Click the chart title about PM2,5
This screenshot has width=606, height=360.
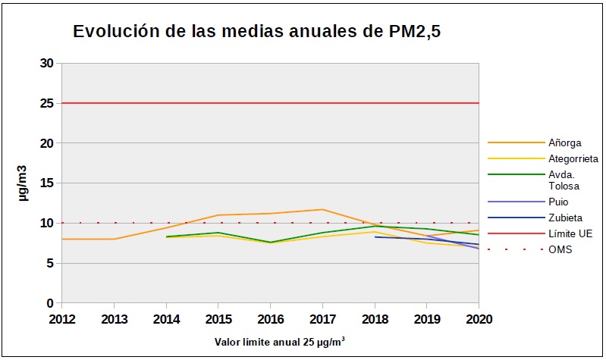(x=256, y=32)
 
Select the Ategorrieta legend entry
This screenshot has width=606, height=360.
(x=573, y=158)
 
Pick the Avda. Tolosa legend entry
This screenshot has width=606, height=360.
(x=564, y=180)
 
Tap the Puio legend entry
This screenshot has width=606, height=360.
(x=557, y=202)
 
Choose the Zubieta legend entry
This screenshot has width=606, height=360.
(x=565, y=218)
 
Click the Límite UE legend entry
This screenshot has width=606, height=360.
(x=570, y=233)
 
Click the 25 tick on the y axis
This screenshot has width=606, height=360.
(x=46, y=103)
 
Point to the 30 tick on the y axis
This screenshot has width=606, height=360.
(x=46, y=63)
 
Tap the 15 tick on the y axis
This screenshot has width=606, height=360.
(x=46, y=183)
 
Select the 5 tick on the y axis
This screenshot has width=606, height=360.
(x=49, y=263)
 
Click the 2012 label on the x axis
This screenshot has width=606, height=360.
(x=61, y=318)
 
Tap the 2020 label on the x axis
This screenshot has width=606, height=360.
(x=478, y=318)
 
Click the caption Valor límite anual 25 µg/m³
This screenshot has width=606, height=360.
(x=281, y=341)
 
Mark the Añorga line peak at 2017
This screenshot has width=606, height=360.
(x=322, y=209)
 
